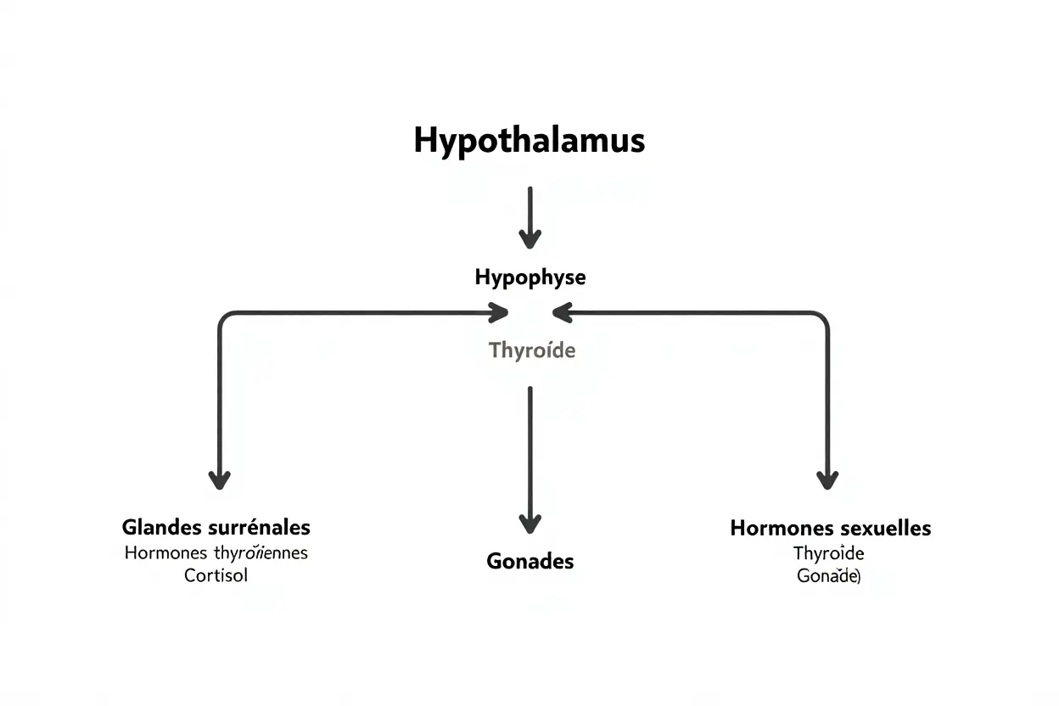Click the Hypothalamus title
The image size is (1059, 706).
(x=529, y=140)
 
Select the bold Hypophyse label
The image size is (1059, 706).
(x=529, y=277)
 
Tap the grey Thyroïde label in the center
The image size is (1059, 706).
(x=532, y=350)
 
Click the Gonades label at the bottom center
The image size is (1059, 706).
(x=529, y=561)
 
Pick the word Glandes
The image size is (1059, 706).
(x=162, y=527)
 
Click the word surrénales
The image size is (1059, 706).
(x=259, y=527)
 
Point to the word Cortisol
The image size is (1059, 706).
(x=216, y=575)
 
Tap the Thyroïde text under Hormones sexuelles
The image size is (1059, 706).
(x=828, y=554)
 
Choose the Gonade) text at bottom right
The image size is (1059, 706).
(x=828, y=576)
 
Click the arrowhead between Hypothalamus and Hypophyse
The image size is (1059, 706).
(x=529, y=240)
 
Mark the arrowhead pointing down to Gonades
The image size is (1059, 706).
(x=529, y=524)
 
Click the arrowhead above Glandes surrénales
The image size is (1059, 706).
(x=220, y=480)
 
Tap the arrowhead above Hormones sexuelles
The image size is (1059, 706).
(x=827, y=480)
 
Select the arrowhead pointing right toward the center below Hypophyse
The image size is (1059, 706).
(x=499, y=312)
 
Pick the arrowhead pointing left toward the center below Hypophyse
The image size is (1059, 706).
(x=562, y=312)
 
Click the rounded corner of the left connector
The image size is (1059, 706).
(x=224, y=317)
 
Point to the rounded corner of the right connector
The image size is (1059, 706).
(x=822, y=317)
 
